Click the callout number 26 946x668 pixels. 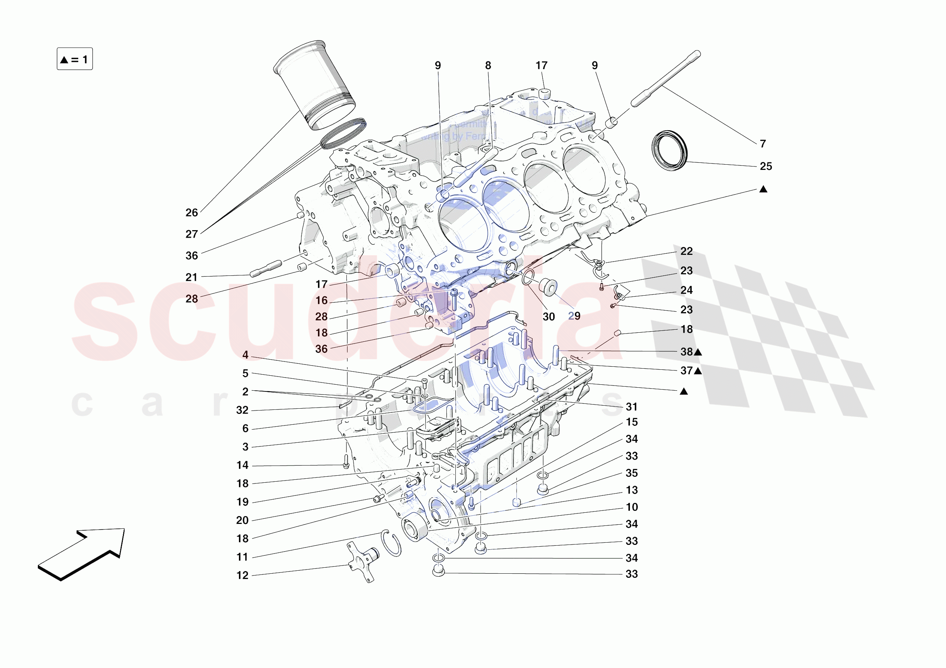[x=192, y=213]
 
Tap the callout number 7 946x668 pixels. [x=762, y=144]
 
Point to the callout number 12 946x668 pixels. [x=242, y=575]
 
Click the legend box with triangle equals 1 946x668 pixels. [x=75, y=59]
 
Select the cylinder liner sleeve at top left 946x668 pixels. [x=314, y=85]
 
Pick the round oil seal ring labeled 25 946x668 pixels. [x=670, y=150]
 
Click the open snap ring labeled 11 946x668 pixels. [x=391, y=543]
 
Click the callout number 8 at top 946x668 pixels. [x=488, y=65]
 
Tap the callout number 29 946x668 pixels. [x=574, y=316]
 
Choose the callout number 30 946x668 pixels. [x=548, y=317]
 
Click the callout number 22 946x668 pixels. [x=686, y=251]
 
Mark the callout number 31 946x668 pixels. [x=631, y=406]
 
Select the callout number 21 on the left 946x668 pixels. [x=192, y=277]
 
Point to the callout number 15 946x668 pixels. [x=631, y=422]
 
